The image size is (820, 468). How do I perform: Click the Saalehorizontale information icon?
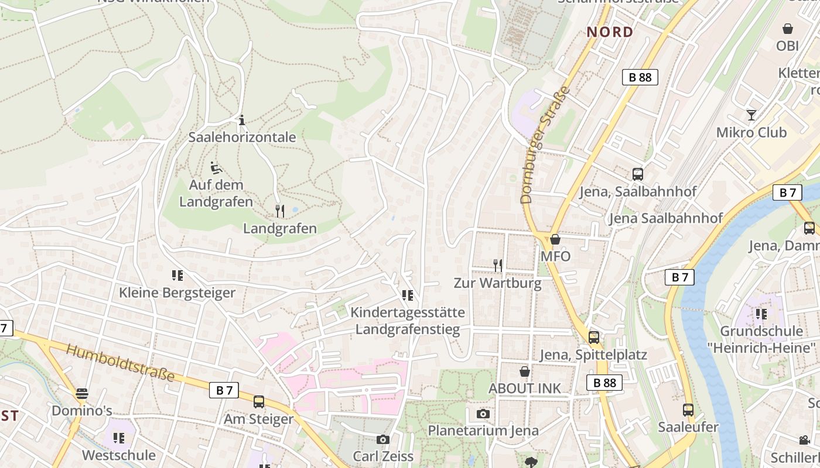[x=242, y=121]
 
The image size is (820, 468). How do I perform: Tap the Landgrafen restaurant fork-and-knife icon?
[x=280, y=211]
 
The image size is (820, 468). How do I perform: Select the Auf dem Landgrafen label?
[x=216, y=193]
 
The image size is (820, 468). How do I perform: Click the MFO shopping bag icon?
[x=555, y=239]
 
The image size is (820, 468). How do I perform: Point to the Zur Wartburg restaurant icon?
[x=498, y=266]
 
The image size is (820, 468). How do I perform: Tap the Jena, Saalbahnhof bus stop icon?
[x=638, y=174]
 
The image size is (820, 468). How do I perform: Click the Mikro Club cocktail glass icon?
[x=751, y=115]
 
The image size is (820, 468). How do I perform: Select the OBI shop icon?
[x=788, y=29]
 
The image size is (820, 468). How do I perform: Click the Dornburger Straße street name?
[x=545, y=145]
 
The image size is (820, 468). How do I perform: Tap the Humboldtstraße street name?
[x=120, y=363]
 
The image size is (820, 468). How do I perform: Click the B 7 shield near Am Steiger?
[x=224, y=390]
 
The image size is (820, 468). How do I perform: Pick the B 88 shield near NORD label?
[x=640, y=77]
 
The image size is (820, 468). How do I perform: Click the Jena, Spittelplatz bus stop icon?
[x=594, y=337]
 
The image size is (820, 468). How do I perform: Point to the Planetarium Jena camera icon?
[x=483, y=414]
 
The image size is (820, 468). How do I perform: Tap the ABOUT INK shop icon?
[x=525, y=371]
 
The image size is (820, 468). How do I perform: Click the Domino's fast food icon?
[x=82, y=393]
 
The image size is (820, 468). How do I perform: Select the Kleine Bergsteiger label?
[x=177, y=292]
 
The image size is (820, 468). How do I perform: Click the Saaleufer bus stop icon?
[x=688, y=409]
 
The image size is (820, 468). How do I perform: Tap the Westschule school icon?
[x=119, y=438]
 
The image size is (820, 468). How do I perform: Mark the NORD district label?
[x=610, y=32]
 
